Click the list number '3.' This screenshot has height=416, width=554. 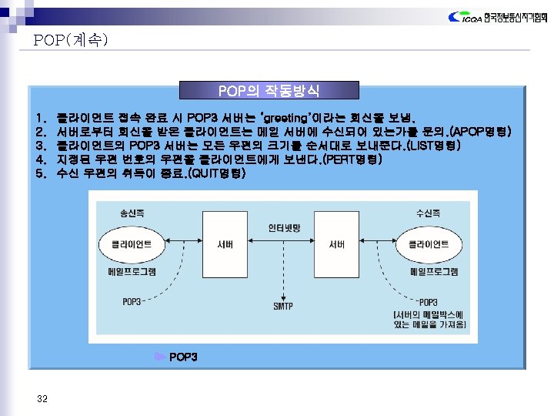click(x=41, y=146)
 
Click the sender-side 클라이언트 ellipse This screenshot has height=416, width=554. click(x=132, y=245)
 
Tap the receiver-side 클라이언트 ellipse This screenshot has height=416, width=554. click(x=429, y=245)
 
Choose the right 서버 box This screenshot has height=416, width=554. click(x=336, y=245)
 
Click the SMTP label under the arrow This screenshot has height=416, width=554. click(x=283, y=307)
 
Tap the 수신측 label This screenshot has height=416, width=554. click(x=428, y=212)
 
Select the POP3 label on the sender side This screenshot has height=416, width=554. click(x=132, y=301)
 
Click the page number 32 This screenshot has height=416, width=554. click(x=42, y=398)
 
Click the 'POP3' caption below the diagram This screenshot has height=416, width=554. click(x=183, y=357)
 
